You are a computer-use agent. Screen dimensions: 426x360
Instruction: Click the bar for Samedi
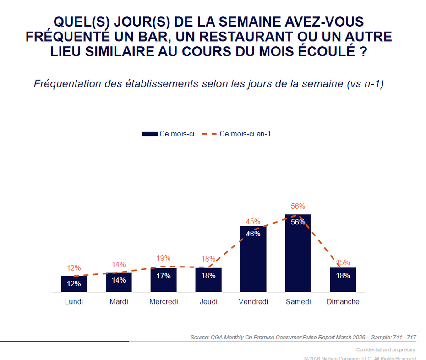(298, 253)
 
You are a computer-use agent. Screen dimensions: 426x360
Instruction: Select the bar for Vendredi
(253, 259)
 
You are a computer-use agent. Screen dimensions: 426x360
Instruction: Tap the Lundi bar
(74, 284)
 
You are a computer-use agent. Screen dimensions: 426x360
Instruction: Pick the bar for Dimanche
(343, 280)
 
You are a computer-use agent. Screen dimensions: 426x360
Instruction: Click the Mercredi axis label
(164, 301)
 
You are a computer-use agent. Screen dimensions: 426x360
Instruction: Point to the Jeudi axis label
(208, 301)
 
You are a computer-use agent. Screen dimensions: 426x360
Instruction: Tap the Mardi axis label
(119, 301)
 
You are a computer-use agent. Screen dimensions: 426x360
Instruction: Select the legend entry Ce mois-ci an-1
(236, 134)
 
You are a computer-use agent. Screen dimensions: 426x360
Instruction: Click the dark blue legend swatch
(150, 134)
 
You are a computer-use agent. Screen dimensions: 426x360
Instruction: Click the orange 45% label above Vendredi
(253, 221)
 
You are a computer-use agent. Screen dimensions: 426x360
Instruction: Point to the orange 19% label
(164, 258)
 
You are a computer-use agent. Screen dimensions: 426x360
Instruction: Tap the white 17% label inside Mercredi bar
(164, 276)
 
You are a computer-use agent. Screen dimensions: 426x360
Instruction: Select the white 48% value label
(253, 234)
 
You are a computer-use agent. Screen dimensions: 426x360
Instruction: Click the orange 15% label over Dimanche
(343, 262)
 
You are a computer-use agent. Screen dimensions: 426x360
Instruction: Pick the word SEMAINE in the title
(250, 22)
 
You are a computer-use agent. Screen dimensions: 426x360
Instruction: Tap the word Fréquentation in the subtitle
(67, 84)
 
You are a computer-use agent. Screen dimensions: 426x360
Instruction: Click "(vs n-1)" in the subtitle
(365, 84)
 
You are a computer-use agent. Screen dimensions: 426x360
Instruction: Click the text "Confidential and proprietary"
(386, 349)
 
